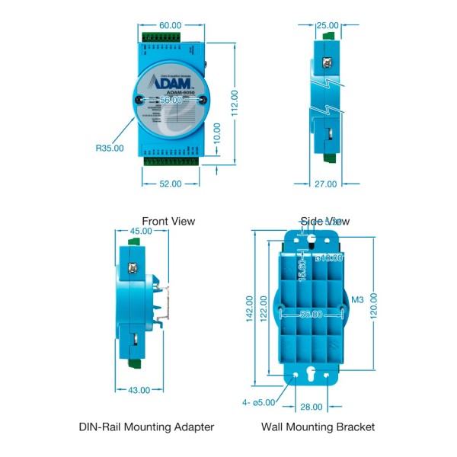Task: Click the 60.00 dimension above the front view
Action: (171, 25)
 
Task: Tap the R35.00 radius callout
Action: (110, 148)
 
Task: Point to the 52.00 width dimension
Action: (170, 184)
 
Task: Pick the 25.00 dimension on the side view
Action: (328, 25)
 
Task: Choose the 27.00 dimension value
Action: (325, 184)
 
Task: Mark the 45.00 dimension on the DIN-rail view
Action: (141, 232)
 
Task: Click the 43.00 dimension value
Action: (139, 390)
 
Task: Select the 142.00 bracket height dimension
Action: (249, 309)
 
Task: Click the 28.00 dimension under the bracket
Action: (312, 407)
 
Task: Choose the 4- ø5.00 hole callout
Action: (258, 402)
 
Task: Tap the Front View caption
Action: (168, 221)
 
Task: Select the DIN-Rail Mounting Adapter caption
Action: (146, 427)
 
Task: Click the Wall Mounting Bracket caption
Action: (318, 427)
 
